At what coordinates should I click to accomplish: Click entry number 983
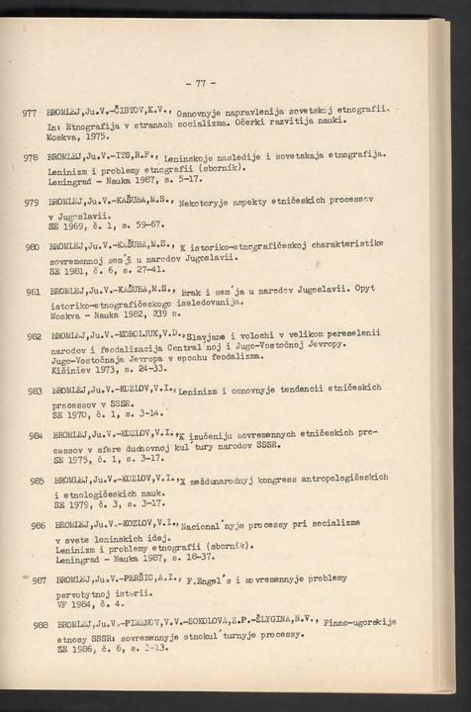pyautogui.click(x=36, y=392)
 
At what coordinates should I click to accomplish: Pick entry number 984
pyautogui.click(x=37, y=435)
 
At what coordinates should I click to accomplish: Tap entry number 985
pyautogui.click(x=37, y=481)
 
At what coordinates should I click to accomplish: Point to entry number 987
pyautogui.click(x=40, y=580)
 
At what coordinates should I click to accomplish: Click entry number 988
pyautogui.click(x=41, y=625)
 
